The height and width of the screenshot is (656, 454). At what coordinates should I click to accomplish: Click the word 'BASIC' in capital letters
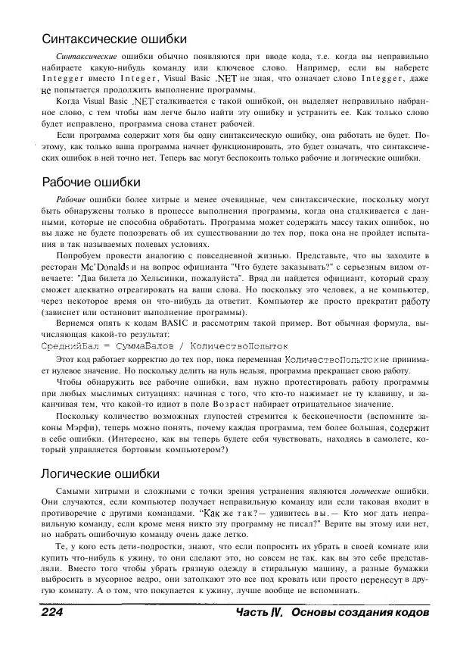coord(160,323)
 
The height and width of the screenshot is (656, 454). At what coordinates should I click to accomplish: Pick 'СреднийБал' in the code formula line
coord(67,345)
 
